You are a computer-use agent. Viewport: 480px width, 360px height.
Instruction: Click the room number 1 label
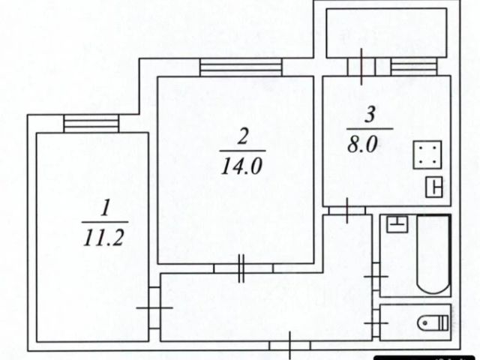106,206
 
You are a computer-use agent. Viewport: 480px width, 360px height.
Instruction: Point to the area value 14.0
241,166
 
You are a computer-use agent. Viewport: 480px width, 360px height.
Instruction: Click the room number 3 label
370,115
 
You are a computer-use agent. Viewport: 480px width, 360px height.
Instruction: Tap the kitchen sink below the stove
435,187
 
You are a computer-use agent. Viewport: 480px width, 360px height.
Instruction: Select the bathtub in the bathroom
433,254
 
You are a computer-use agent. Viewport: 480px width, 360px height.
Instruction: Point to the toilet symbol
433,322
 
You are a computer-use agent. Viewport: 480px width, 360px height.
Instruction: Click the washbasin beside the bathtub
397,223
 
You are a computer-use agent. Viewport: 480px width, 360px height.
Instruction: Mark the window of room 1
91,123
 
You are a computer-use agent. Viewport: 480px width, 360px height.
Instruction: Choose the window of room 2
240,67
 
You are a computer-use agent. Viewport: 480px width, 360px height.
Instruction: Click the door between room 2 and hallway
241,268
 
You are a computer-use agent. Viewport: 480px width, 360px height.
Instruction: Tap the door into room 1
154,307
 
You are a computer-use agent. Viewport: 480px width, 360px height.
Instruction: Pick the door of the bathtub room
376,276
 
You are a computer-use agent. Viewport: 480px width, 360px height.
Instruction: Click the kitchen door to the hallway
347,209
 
